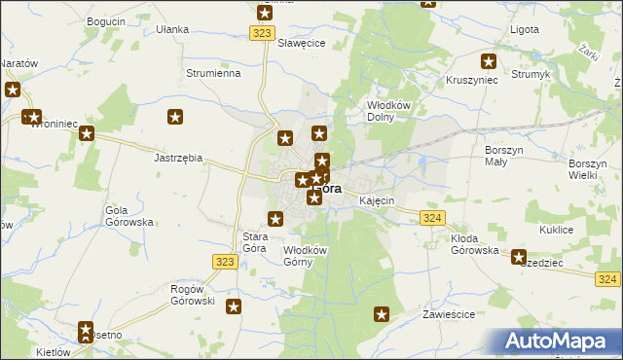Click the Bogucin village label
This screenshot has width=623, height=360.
pos(106,20)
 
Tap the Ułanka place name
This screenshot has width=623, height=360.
pos(172,29)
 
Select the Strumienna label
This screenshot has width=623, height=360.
pos(212,73)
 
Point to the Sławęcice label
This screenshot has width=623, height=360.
pos(301,44)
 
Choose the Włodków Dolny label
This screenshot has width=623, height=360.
pos(392,110)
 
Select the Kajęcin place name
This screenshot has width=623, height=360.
pos(376,200)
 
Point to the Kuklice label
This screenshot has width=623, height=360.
pos(556,230)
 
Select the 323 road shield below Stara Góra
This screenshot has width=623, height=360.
pos(225,262)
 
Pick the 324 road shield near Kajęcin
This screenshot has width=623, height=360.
pos(434,218)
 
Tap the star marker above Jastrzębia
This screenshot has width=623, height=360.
pos(175,119)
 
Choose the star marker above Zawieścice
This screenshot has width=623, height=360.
pos(383,314)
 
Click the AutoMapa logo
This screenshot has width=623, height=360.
pos(561,341)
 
